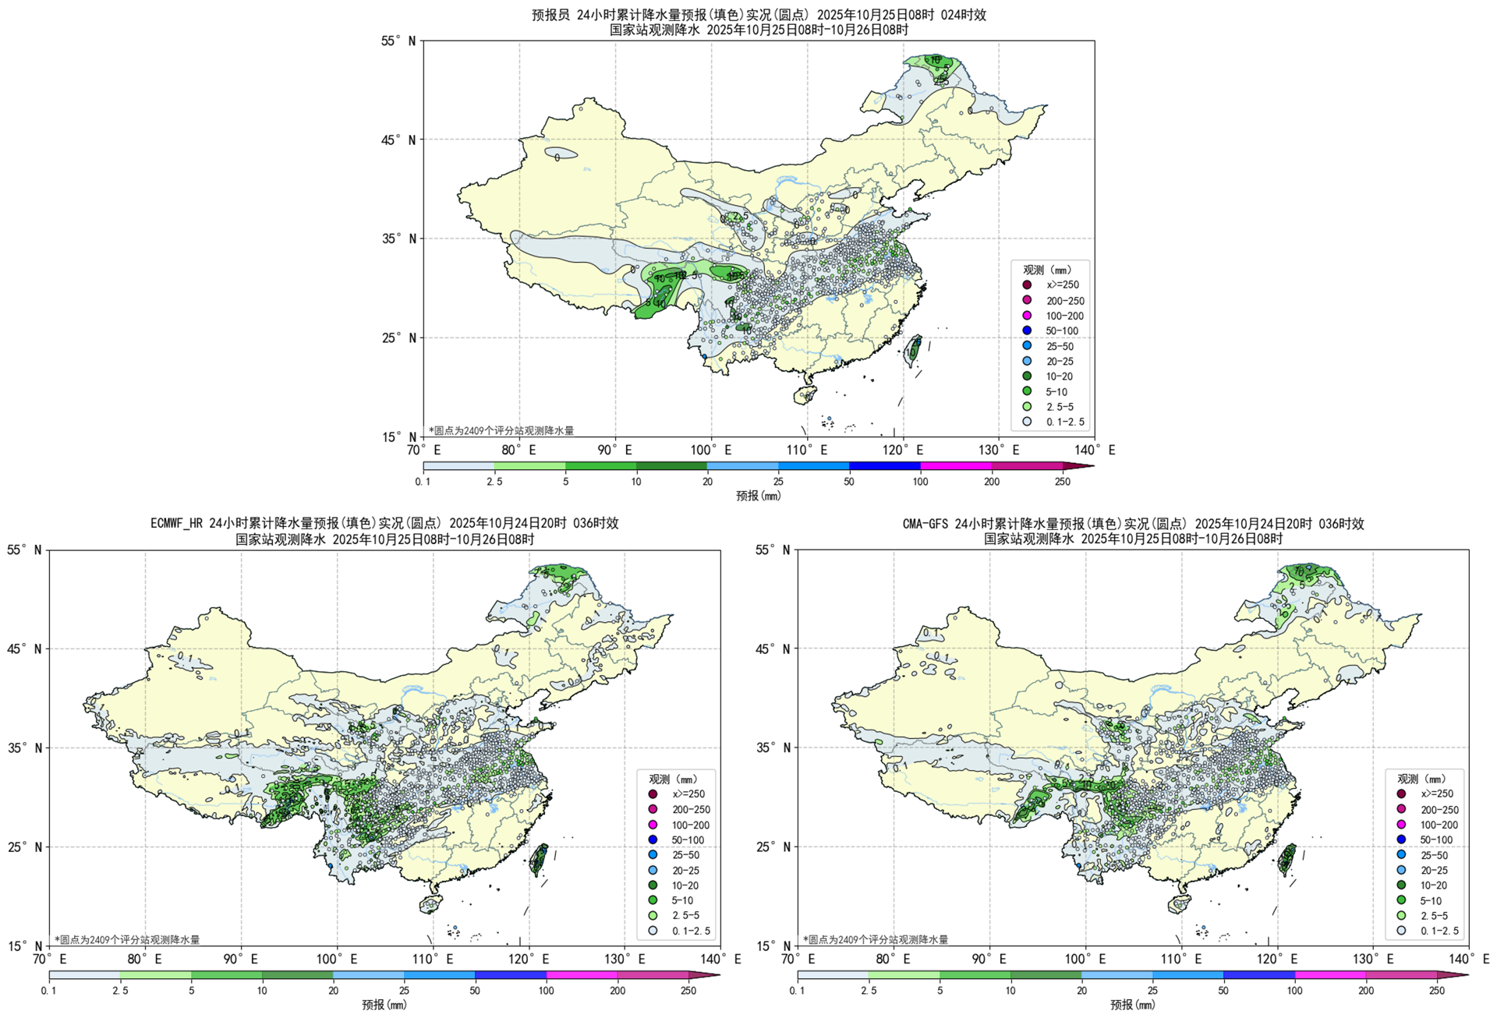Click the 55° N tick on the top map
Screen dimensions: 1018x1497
click(x=398, y=41)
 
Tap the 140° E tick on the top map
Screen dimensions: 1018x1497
click(x=1095, y=451)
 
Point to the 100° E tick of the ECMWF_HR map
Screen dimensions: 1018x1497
click(x=337, y=960)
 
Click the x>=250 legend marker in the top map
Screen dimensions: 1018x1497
click(x=1027, y=285)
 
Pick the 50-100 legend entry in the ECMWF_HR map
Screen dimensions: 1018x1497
click(x=687, y=840)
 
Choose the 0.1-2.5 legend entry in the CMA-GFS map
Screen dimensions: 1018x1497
click(x=1439, y=931)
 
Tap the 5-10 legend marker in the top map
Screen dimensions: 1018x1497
click(x=1027, y=391)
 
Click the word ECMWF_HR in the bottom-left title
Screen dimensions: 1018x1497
click(x=179, y=524)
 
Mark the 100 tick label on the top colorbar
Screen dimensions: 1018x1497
click(x=920, y=482)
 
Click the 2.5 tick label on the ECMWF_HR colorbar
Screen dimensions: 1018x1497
click(x=120, y=991)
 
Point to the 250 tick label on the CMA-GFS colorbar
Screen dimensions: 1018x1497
click(x=1436, y=991)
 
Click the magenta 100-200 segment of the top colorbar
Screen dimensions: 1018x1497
click(x=956, y=466)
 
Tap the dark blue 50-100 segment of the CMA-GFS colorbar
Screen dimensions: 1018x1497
click(x=1259, y=975)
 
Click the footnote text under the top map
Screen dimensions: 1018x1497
click(x=501, y=431)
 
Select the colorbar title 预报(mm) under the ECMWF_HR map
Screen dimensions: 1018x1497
click(x=384, y=1005)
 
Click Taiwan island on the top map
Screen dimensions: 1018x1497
click(x=912, y=348)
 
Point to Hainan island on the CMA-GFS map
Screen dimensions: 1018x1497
click(x=1179, y=903)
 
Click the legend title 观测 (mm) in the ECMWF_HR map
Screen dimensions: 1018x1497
click(x=673, y=779)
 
